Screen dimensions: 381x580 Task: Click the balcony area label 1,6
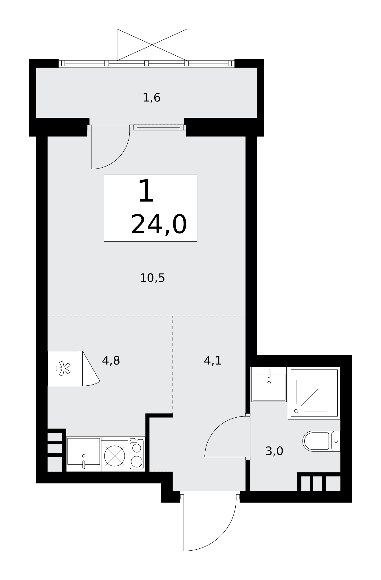(151, 98)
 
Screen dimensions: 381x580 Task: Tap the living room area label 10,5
(152, 278)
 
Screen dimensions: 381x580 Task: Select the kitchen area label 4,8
(111, 360)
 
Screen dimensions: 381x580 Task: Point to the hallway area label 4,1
(213, 360)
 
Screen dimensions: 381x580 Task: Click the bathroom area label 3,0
(274, 451)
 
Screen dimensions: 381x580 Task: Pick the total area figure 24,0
(159, 224)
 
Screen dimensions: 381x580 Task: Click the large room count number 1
(146, 191)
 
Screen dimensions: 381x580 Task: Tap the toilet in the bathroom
(321, 441)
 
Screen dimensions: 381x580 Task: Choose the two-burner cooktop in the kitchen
(137, 454)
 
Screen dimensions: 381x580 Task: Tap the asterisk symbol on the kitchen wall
(63, 368)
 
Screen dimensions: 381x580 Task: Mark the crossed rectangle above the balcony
(152, 45)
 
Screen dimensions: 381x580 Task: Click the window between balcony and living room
(158, 127)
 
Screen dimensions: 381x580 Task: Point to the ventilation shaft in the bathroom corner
(319, 483)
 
